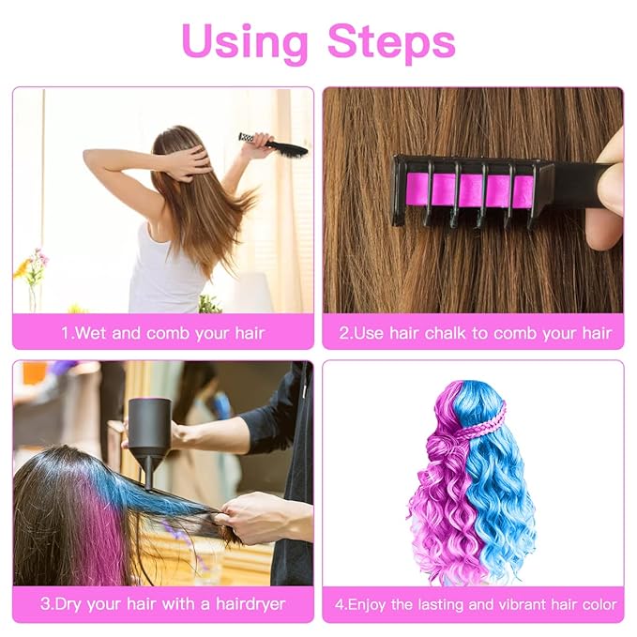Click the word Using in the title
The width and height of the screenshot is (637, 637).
click(244, 41)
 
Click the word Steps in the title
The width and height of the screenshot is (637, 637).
click(391, 41)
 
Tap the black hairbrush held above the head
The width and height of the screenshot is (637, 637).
click(277, 144)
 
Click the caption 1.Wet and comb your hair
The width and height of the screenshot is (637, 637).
click(163, 333)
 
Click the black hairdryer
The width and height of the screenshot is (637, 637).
click(149, 435)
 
